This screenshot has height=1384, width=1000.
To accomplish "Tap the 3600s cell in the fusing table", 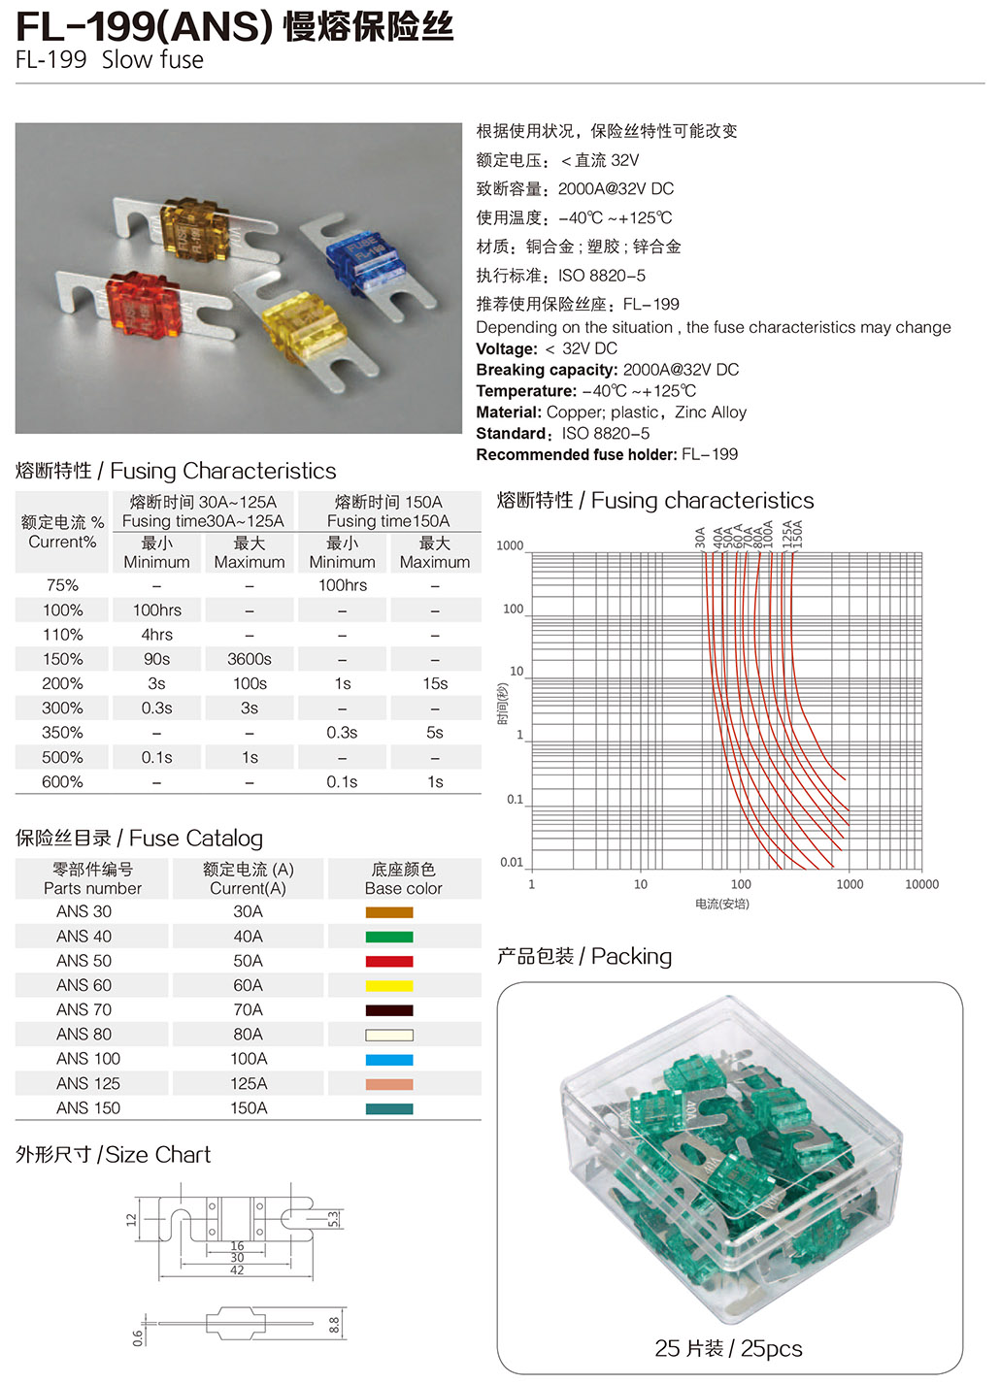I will point(250,659).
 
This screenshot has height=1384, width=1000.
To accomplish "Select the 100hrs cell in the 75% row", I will point(342,585).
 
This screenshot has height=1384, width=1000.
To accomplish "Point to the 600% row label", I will point(62,781).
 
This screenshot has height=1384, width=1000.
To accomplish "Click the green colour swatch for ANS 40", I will point(389,937).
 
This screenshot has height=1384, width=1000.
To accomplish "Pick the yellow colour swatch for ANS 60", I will point(389,985).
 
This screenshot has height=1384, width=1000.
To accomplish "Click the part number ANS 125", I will point(88,1083).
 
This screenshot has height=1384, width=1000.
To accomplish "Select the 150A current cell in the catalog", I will point(249,1107).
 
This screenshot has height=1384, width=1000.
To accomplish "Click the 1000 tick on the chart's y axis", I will point(510,545).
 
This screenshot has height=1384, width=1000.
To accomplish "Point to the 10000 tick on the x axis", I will point(921,884).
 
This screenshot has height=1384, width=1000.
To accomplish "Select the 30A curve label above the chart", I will point(700,537).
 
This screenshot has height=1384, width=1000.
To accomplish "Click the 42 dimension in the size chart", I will point(237,1269).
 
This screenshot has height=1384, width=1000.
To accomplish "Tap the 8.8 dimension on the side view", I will point(334,1324).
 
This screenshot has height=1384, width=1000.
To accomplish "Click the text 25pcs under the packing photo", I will point(771,1348).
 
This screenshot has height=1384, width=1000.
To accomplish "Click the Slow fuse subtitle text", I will point(152,60).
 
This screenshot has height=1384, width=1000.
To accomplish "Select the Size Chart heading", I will point(157,1155).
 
